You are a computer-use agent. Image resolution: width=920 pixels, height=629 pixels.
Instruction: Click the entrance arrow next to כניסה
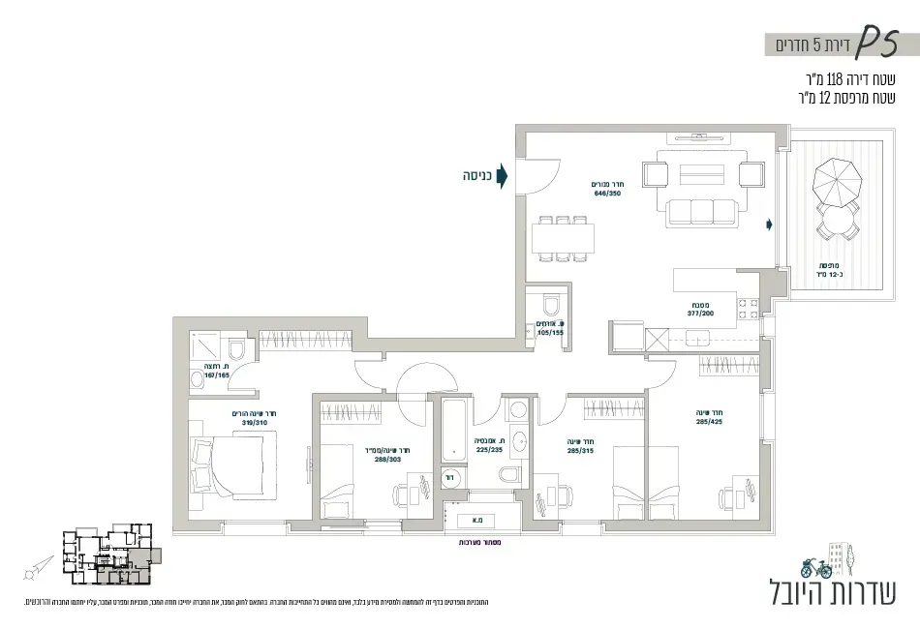pyautogui.click(x=503, y=177)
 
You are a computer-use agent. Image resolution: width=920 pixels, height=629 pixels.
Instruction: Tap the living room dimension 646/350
pyautogui.click(x=607, y=193)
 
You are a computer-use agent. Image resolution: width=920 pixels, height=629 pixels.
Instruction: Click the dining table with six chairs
pyautogui.click(x=563, y=239)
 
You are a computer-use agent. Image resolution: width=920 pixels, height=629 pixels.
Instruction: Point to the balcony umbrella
pyautogui.click(x=836, y=179)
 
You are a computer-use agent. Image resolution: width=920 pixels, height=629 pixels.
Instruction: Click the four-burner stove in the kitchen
pyautogui.click(x=750, y=309)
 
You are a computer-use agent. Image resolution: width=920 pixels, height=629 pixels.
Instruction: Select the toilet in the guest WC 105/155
pyautogui.click(x=552, y=306)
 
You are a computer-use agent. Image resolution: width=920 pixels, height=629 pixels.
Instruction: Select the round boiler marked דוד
pyautogui.click(x=450, y=476)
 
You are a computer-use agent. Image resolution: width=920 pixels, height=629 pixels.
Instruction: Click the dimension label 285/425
pyautogui.click(x=709, y=421)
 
